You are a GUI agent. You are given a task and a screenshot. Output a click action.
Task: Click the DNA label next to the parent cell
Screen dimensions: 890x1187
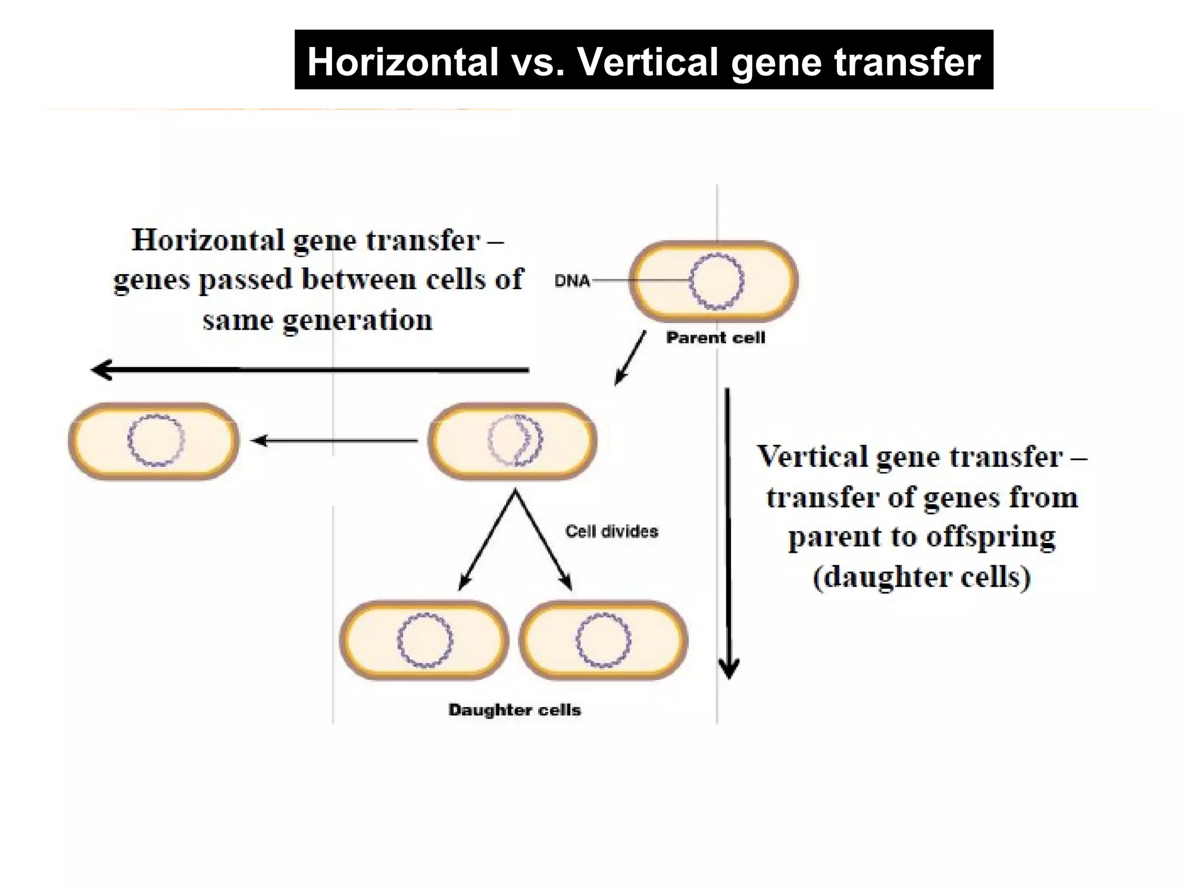[x=571, y=281]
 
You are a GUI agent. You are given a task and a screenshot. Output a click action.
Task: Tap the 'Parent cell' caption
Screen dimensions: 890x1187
[x=715, y=338]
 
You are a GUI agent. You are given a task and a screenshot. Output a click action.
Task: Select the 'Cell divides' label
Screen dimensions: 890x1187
[x=611, y=531]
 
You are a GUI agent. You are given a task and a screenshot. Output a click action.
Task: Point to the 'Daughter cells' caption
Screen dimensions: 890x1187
[x=514, y=710]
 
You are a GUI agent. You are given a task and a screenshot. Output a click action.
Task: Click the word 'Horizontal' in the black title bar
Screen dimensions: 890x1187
[x=403, y=61]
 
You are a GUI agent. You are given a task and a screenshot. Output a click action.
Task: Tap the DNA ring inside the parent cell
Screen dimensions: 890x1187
[x=716, y=281]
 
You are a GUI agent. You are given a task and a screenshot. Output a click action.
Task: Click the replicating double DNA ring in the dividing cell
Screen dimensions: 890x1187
[x=515, y=440]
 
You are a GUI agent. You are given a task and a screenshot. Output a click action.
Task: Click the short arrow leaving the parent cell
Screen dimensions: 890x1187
[x=631, y=358]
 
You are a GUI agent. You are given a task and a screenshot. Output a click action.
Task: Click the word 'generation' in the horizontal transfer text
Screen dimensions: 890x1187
[x=358, y=320]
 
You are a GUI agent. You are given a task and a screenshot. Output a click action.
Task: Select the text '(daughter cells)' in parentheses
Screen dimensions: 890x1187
[x=922, y=577]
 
